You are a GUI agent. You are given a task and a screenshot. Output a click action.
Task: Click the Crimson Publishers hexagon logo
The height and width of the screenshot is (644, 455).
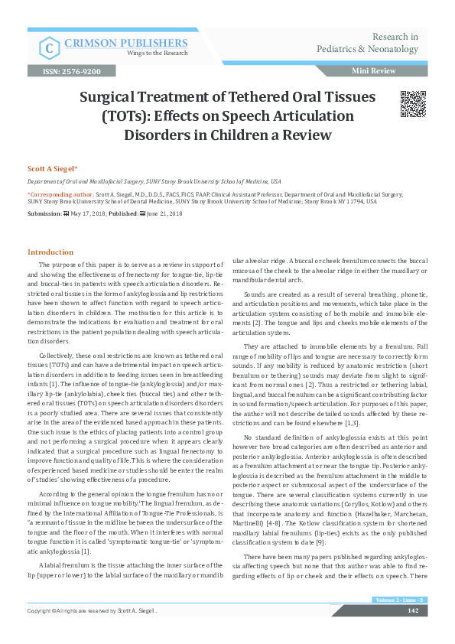[x=50, y=47]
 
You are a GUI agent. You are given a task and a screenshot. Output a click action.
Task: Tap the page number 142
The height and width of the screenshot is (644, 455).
[x=412, y=632]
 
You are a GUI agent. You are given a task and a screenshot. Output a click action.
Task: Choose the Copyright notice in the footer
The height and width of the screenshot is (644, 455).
[x=93, y=632]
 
